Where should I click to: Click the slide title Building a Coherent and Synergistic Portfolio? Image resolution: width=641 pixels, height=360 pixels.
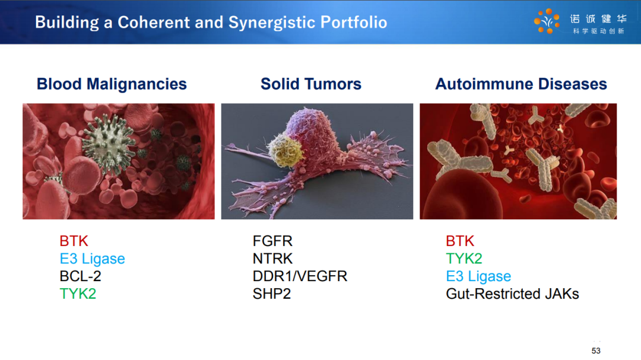pos(211,23)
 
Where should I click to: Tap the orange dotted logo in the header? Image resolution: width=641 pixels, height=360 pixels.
pos(547,21)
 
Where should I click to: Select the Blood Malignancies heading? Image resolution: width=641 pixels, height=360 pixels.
pos(112,84)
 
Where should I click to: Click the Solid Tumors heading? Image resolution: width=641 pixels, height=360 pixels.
pos(311,84)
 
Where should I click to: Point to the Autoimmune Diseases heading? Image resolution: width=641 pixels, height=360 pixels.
pos(521,84)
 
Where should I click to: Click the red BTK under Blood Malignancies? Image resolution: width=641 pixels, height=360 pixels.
pos(74,241)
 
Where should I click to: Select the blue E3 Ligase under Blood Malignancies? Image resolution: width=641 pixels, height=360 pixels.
pos(93,259)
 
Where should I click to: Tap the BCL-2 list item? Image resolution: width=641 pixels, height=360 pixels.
pos(81,276)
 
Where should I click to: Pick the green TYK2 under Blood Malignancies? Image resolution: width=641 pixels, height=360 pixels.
pos(78,294)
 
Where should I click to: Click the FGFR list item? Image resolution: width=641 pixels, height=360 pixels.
pos(272,241)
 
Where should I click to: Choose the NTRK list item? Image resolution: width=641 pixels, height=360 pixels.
pos(272,259)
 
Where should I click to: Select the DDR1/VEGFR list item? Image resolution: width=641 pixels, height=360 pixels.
pos(300,276)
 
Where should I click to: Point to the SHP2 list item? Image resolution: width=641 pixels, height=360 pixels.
pos(272,294)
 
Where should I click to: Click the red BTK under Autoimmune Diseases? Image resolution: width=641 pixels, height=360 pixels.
pos(461,241)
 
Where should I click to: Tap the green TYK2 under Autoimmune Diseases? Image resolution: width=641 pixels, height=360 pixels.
pos(464,259)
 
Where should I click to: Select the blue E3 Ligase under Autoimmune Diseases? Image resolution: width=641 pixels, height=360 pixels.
pos(479,276)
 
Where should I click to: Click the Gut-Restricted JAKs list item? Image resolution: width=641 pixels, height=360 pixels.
pos(513,294)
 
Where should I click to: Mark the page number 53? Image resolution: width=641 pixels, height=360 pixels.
pos(596,351)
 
